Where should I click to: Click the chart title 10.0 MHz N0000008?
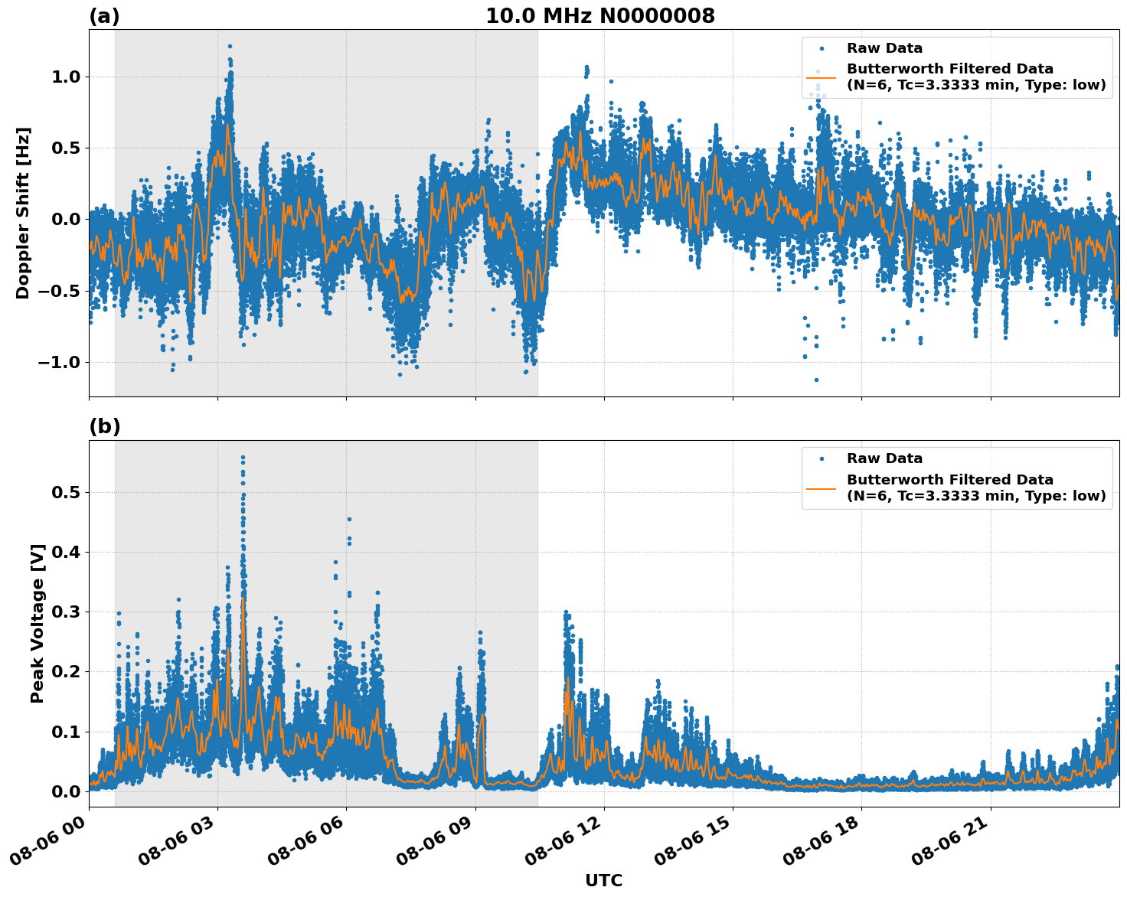tap(599, 16)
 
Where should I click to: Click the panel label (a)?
tap(104, 16)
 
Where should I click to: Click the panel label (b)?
tap(104, 426)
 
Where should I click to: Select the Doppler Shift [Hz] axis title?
tap(23, 213)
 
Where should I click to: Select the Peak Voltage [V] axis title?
tap(38, 623)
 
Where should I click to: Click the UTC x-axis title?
tap(603, 880)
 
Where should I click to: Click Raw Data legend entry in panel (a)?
tap(884, 48)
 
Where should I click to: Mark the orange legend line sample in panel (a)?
tap(822, 77)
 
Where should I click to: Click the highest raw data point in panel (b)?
tap(243, 458)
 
